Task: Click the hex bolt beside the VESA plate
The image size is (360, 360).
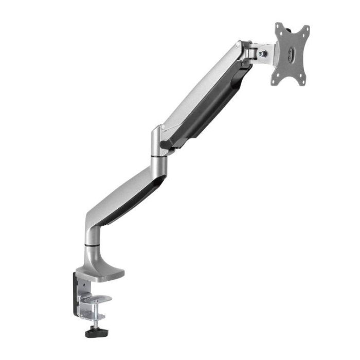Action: pos(263,53)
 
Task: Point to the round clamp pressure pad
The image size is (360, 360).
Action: pos(101,299)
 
